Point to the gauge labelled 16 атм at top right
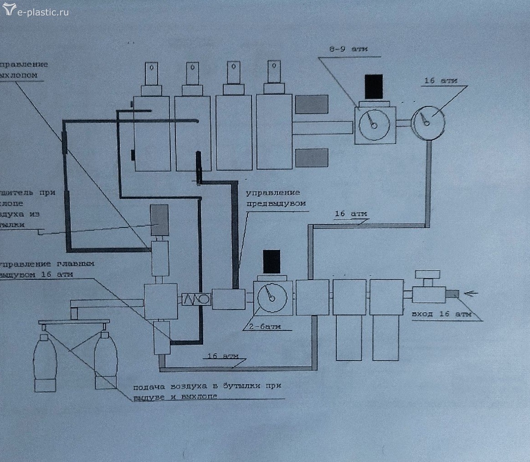click(x=428, y=121)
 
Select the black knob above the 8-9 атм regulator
click(x=374, y=86)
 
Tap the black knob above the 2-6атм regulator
click(x=272, y=261)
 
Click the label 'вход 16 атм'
click(x=440, y=314)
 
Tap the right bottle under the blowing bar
click(x=106, y=360)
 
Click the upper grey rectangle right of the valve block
click(x=312, y=104)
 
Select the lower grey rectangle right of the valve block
click(x=312, y=158)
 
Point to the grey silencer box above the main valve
click(x=160, y=220)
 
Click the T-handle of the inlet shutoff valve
click(x=427, y=275)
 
